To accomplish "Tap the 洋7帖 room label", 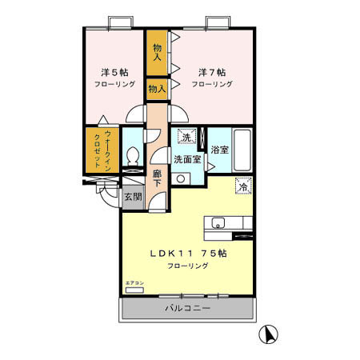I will tap(212, 71).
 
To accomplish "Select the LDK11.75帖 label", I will tap(189, 253).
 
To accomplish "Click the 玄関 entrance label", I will tap(133, 197).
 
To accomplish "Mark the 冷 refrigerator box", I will tap(242, 187).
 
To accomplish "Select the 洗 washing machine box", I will tap(186, 137).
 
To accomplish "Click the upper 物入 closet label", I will tap(158, 53).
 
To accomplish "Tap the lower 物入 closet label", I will tap(157, 90).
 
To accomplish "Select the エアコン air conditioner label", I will tap(133, 283).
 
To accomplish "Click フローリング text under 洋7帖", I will tap(212, 84).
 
